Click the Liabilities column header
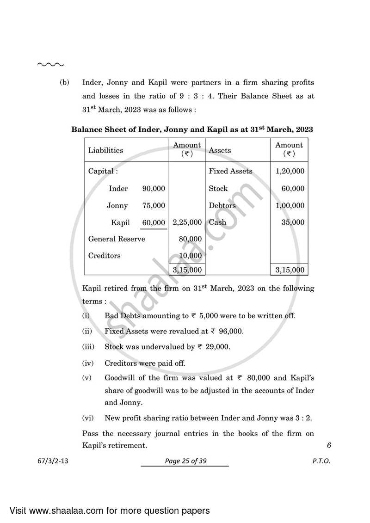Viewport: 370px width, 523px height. coord(105,150)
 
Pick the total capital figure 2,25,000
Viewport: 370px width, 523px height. coord(187,222)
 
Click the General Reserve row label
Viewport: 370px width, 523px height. coord(117,239)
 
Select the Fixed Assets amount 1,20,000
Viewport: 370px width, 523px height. coord(290,171)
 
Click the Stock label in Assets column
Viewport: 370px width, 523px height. coord(218,189)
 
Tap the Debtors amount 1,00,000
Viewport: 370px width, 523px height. coord(290,206)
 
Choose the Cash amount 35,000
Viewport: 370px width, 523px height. coord(293,222)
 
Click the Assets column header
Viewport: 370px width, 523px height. coord(220,150)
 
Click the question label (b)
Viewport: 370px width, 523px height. coord(64,83)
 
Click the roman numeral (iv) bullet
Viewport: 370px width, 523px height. coord(87,363)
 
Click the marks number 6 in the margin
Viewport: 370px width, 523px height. coord(329,446)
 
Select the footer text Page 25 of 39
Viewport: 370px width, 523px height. coord(185,461)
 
